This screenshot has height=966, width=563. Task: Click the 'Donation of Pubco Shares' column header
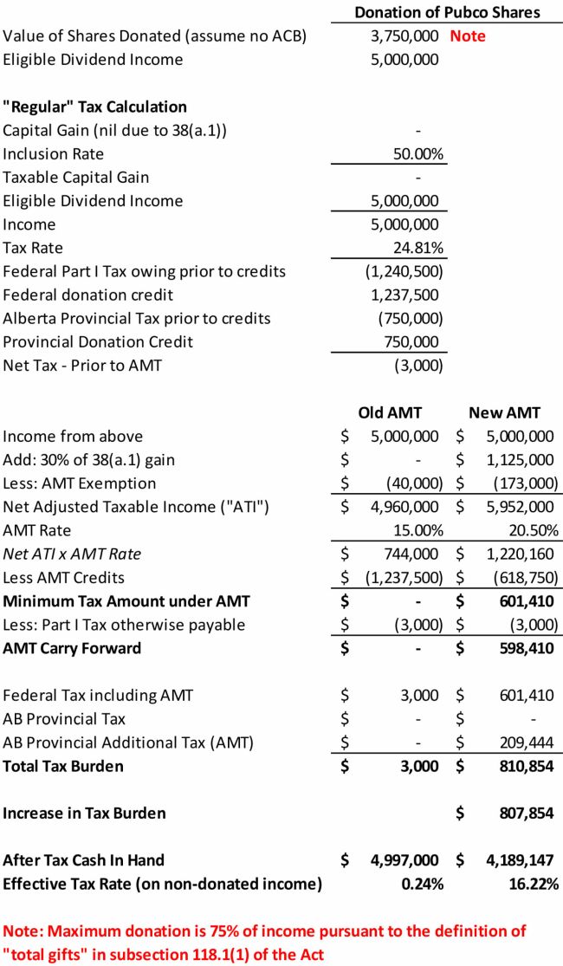coord(447,12)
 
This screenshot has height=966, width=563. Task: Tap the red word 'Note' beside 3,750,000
coord(468,36)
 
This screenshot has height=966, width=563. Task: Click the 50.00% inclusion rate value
coord(418,154)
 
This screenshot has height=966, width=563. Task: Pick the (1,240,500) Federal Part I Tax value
coord(404,272)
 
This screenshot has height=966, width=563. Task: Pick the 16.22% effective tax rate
coord(534,884)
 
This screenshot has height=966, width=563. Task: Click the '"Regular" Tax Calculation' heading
coord(94,107)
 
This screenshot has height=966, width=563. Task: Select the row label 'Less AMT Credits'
coord(64,578)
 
